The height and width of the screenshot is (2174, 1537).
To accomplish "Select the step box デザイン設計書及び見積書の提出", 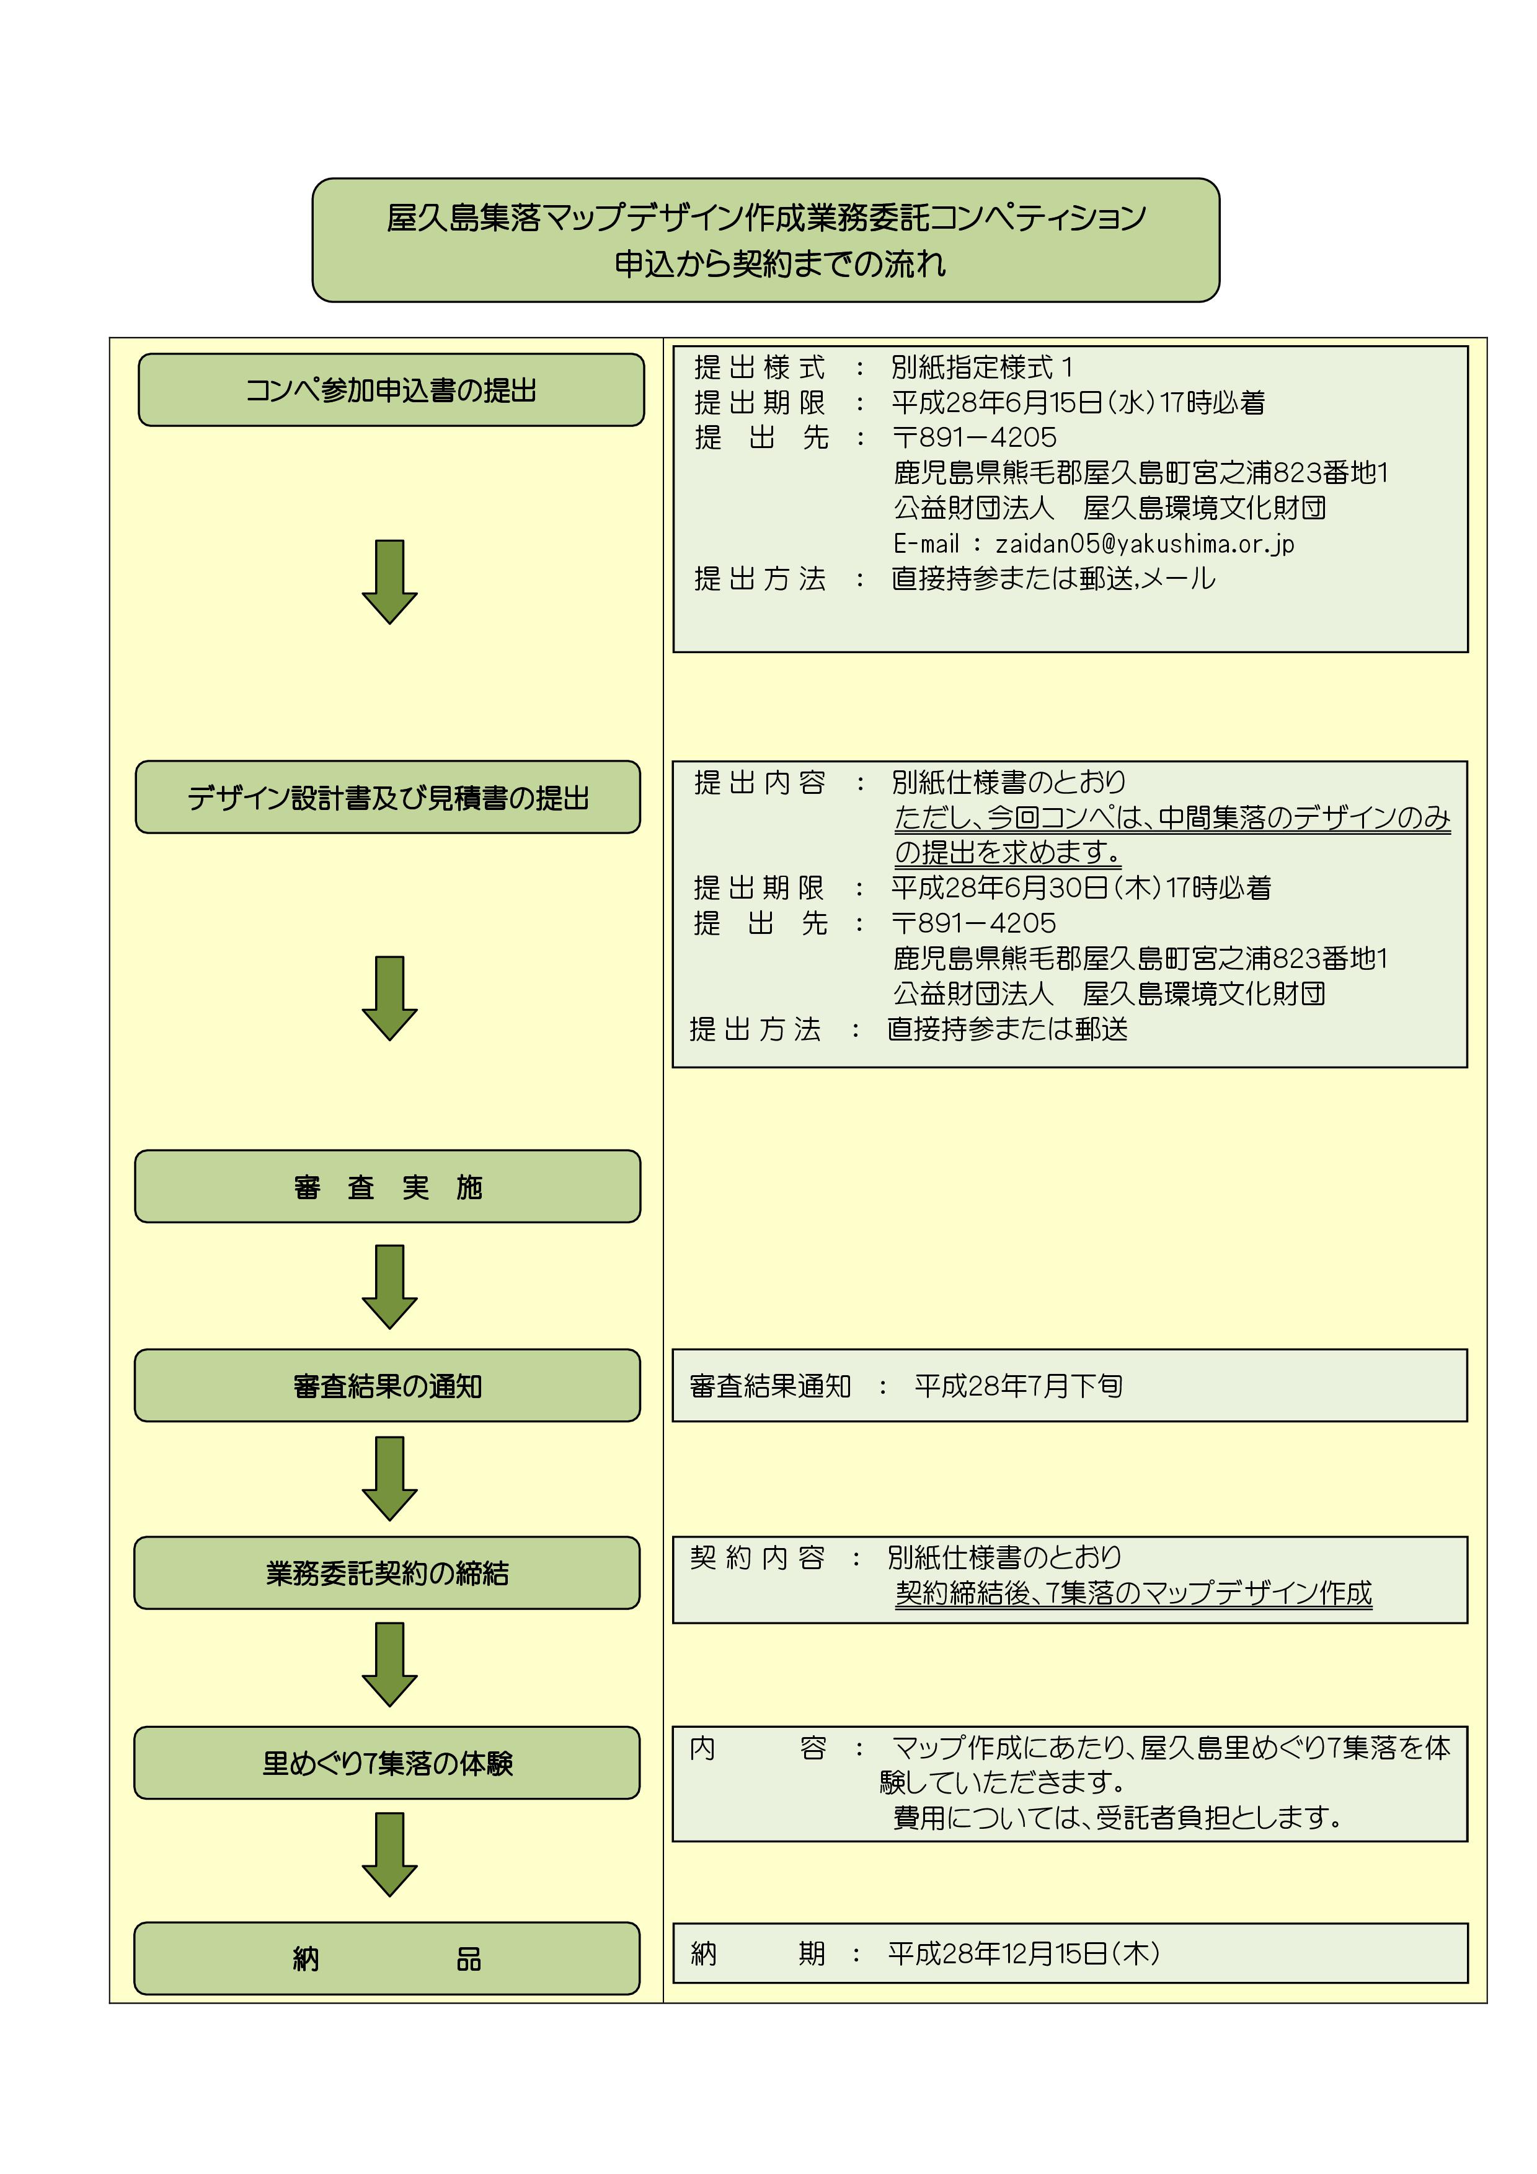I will [x=388, y=797].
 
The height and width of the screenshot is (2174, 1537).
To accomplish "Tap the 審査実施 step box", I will [x=388, y=1186].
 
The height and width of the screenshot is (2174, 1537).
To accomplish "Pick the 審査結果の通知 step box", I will [x=388, y=1385].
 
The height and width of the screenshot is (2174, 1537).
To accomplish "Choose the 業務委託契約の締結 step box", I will [x=388, y=1573].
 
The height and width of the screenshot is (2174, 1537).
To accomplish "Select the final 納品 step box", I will [x=388, y=1958].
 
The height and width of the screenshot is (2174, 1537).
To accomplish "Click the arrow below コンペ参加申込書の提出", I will [x=389, y=581].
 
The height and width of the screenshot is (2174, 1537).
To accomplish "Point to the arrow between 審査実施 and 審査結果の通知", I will [x=389, y=1286].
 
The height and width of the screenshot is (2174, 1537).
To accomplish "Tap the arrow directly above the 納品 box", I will [x=389, y=1854].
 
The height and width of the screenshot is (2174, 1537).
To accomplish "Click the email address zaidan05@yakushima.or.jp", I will [x=1143, y=543].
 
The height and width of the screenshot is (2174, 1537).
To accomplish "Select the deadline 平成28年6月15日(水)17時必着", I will [x=1078, y=402].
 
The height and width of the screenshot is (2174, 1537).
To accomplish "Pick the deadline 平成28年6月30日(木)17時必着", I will [x=1081, y=887].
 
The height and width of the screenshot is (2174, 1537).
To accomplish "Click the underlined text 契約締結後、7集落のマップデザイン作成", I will [x=1133, y=1593].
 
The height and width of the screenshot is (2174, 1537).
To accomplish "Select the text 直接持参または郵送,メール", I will [x=1052, y=579].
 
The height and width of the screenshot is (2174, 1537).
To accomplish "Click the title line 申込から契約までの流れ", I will [x=779, y=264].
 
